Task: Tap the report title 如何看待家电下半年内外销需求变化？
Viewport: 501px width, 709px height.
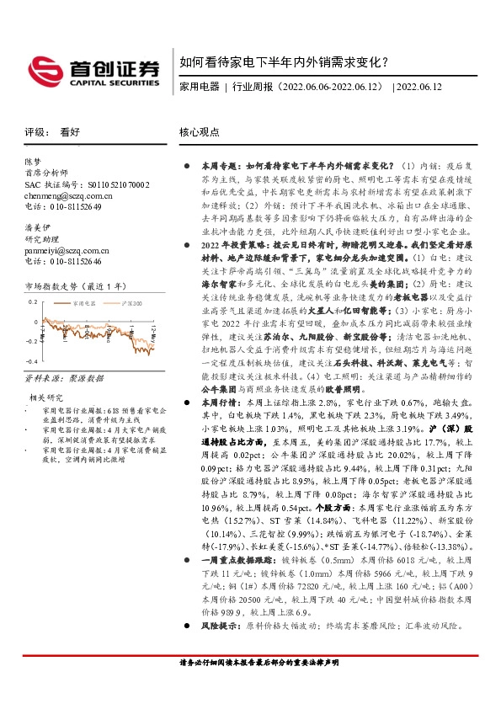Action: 284,62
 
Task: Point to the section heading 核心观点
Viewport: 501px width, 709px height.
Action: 200,132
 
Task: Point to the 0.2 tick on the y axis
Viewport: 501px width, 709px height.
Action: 32,301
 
